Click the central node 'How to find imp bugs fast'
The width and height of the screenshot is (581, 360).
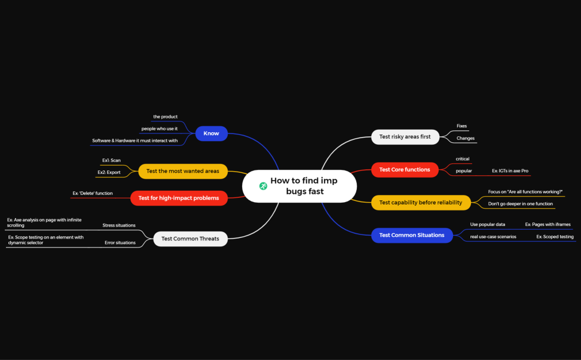click(x=304, y=186)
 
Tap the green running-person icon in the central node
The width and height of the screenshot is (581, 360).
click(x=263, y=186)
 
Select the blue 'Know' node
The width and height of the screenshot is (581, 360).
click(x=211, y=133)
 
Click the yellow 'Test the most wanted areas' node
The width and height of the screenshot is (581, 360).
click(x=183, y=171)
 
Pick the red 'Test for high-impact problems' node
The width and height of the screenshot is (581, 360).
click(x=179, y=198)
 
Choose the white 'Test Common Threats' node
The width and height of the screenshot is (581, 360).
click(x=190, y=239)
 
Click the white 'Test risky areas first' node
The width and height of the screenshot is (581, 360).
click(x=405, y=136)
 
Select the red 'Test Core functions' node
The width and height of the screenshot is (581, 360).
click(x=405, y=169)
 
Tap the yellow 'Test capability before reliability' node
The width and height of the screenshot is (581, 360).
click(x=421, y=202)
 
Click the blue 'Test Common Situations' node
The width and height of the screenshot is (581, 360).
click(x=412, y=235)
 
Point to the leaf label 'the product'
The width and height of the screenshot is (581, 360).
click(x=165, y=117)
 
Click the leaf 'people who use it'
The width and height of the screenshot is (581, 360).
click(x=159, y=129)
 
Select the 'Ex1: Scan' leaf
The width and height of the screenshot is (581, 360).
click(x=111, y=160)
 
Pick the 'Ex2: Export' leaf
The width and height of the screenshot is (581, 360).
click(x=109, y=172)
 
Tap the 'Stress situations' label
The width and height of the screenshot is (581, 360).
click(x=119, y=225)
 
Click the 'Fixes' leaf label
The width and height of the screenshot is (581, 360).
click(x=461, y=126)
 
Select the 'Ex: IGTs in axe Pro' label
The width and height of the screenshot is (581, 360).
click(x=510, y=171)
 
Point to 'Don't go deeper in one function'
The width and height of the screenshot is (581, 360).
click(x=520, y=204)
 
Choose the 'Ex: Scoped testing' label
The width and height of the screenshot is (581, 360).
click(x=555, y=237)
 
